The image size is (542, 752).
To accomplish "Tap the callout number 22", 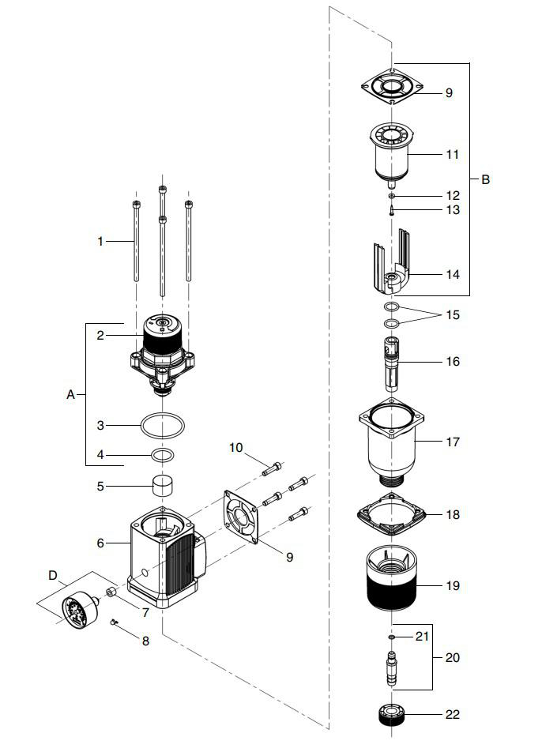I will point(452,714).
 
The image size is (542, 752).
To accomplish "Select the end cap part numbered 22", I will point(393,715).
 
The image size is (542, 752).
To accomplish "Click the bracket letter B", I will point(486,179).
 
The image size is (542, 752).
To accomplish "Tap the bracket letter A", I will point(71,394).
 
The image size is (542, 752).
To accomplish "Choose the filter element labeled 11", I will point(393,154).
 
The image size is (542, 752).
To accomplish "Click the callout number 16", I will point(452,362).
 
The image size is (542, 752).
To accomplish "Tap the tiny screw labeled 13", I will point(393,209).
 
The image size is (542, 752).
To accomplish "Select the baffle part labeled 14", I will point(393,265).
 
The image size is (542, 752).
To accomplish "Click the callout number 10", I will point(236,448).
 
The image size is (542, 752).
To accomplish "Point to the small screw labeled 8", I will point(115,622).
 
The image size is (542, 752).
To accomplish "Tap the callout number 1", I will point(100,241).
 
